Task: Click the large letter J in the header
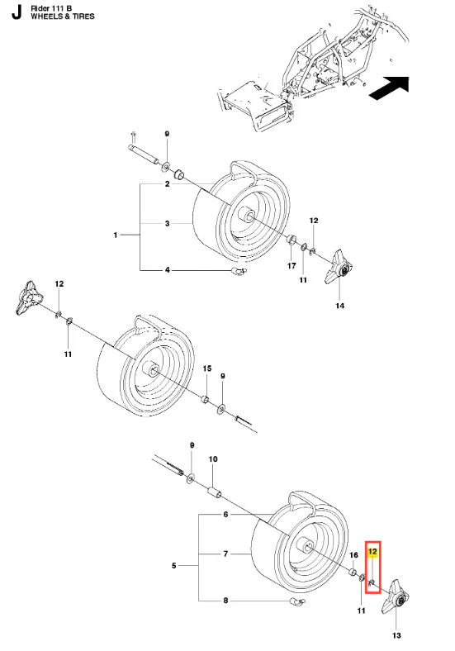pyautogui.click(x=17, y=13)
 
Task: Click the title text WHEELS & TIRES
pyautogui.click(x=63, y=17)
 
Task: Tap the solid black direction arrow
pyautogui.click(x=390, y=88)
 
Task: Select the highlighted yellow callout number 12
pyautogui.click(x=372, y=552)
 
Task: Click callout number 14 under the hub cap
pyautogui.click(x=340, y=306)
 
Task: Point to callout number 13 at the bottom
pyautogui.click(x=396, y=635)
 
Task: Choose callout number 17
pyautogui.click(x=291, y=266)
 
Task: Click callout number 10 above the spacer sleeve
pyautogui.click(x=212, y=459)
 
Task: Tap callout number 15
pyautogui.click(x=206, y=368)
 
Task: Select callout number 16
pyautogui.click(x=353, y=555)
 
